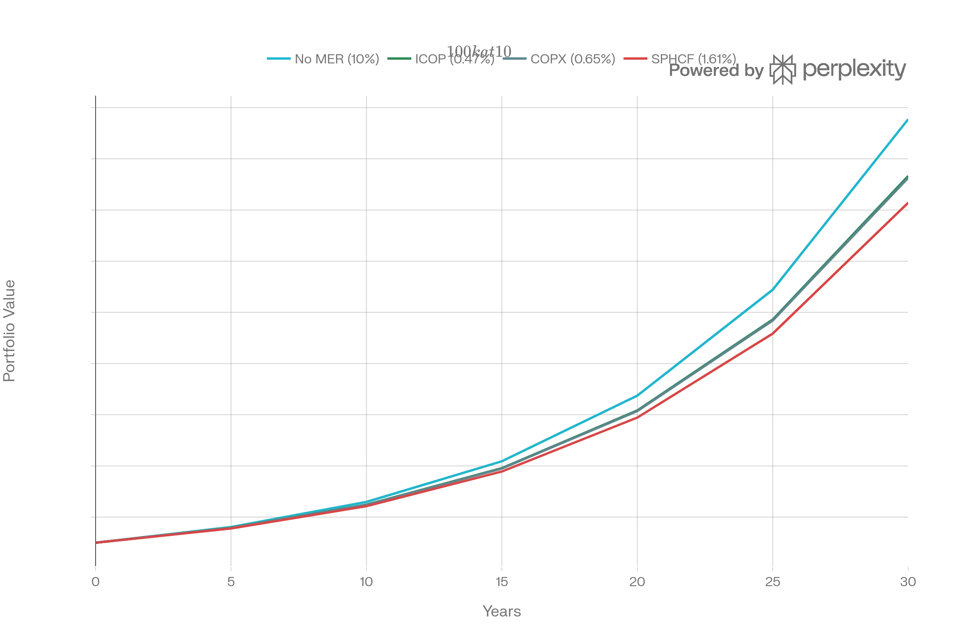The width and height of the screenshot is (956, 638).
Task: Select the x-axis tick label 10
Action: pyautogui.click(x=366, y=582)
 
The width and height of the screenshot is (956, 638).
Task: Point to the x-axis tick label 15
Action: pyautogui.click(x=502, y=582)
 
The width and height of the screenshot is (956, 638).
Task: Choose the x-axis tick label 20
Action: pyautogui.click(x=637, y=582)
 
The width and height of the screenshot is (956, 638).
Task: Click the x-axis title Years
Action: pyautogui.click(x=502, y=612)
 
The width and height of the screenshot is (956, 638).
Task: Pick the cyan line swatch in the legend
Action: pyautogui.click(x=278, y=59)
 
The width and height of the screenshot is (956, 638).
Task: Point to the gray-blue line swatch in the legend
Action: pyautogui.click(x=515, y=59)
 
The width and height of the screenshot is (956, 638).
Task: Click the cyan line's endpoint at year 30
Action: pyautogui.click(x=907, y=120)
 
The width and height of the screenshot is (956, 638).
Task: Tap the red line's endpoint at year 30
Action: pyautogui.click(x=907, y=203)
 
